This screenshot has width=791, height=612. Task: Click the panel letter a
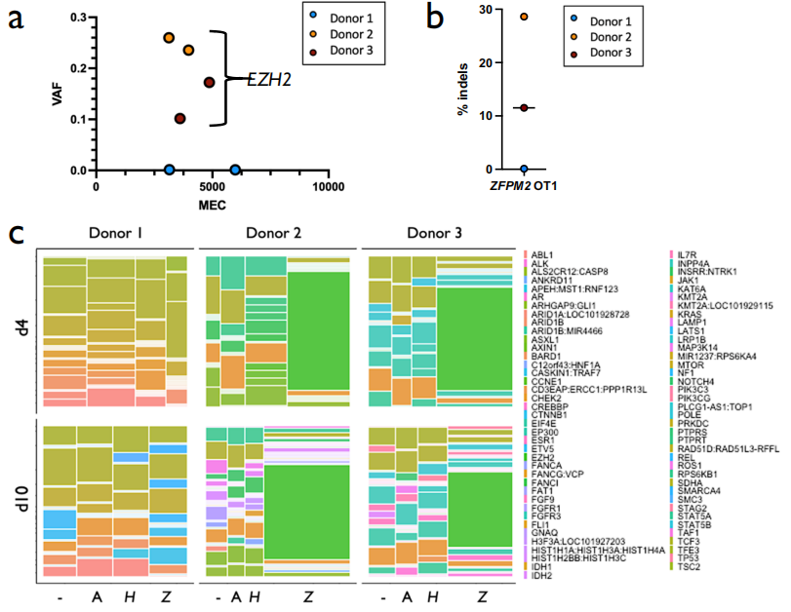17,21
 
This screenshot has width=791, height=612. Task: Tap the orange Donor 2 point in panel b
524,17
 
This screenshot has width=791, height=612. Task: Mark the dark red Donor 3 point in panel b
524,108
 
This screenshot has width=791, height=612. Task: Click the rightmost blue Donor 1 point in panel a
234,170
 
